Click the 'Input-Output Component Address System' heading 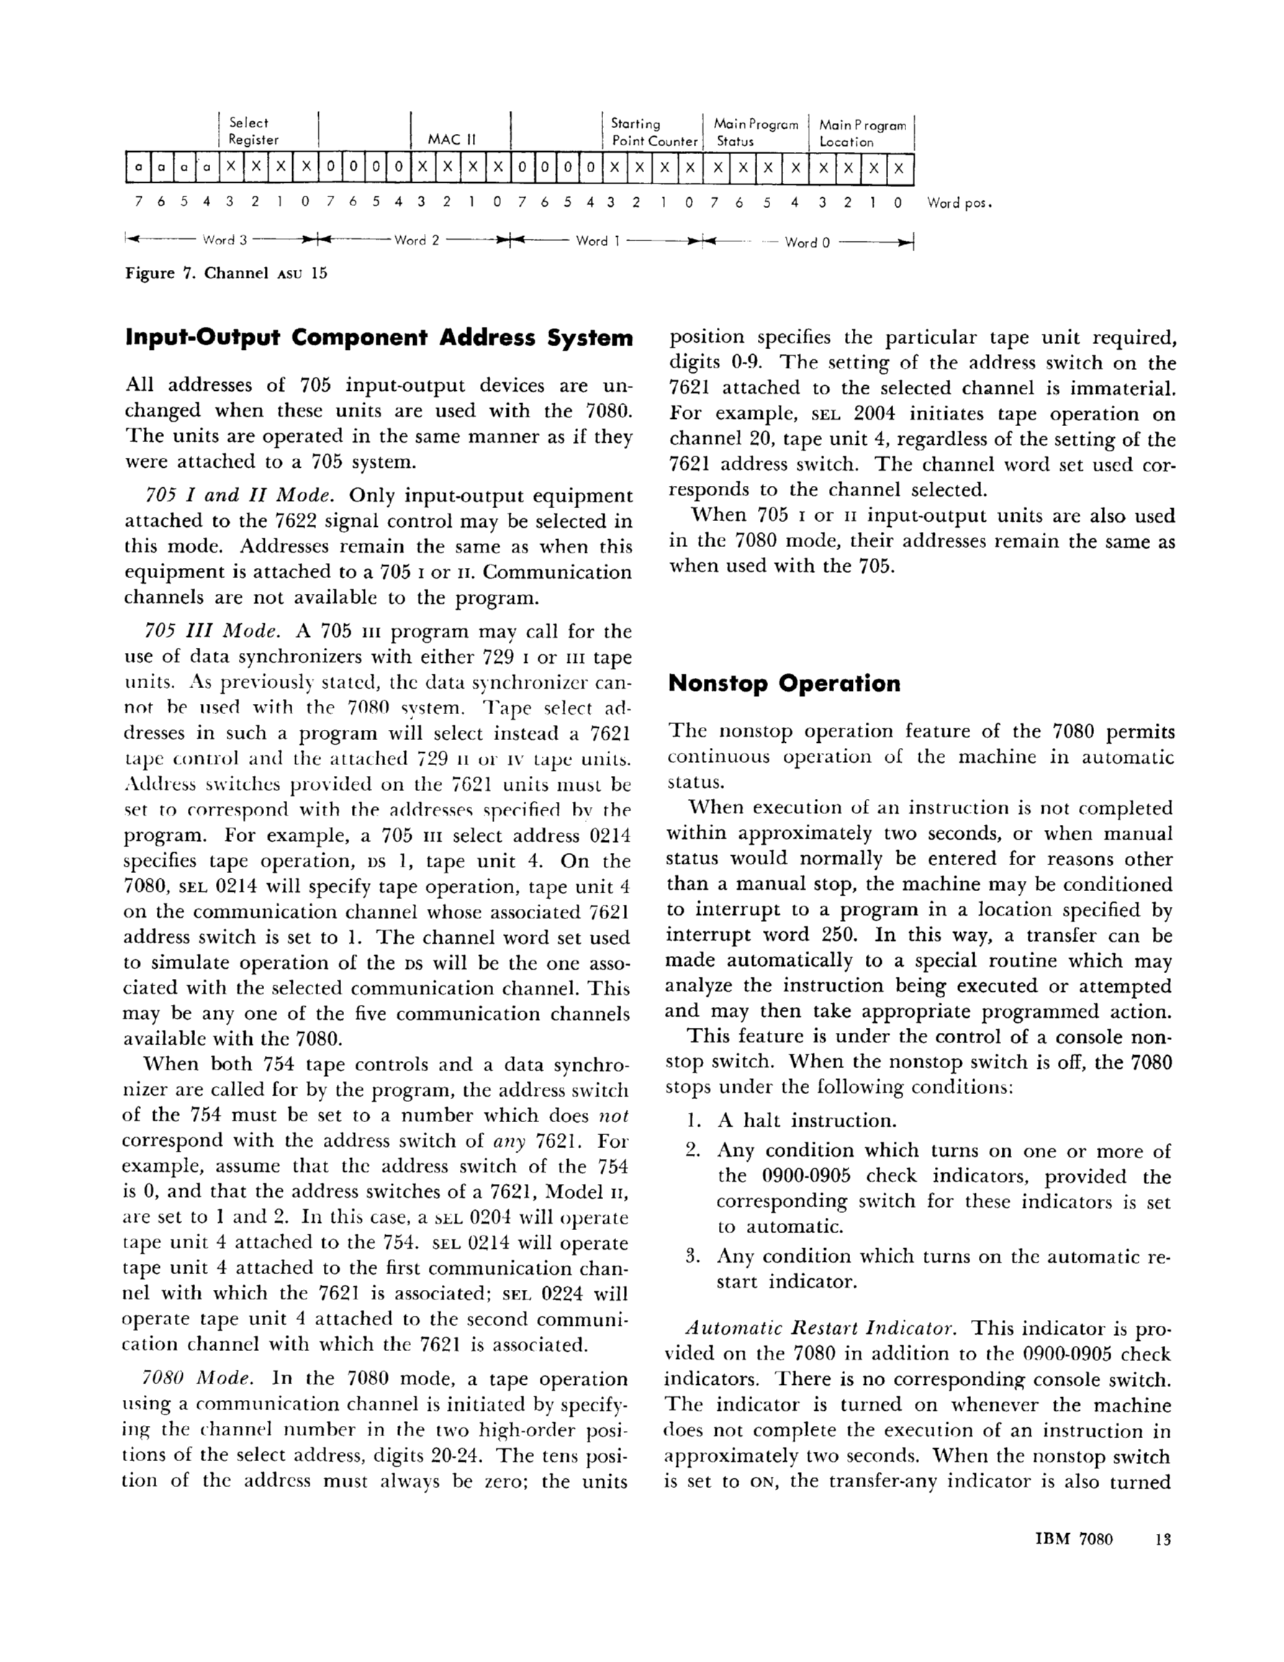pyautogui.click(x=379, y=337)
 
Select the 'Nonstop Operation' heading pyautogui.click(x=784, y=683)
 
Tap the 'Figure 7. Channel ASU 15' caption pyautogui.click(x=226, y=274)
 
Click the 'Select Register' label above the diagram pyautogui.click(x=253, y=131)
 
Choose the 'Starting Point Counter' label pyautogui.click(x=654, y=132)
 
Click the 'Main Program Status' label pyautogui.click(x=755, y=132)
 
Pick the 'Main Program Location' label pyautogui.click(x=862, y=133)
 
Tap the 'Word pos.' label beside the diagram pyautogui.click(x=960, y=203)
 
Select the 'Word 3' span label pyautogui.click(x=225, y=240)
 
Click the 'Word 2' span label pyautogui.click(x=416, y=240)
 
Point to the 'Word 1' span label pyautogui.click(x=597, y=241)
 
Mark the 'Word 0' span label pyautogui.click(x=807, y=243)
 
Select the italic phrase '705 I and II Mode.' pyautogui.click(x=240, y=495)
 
